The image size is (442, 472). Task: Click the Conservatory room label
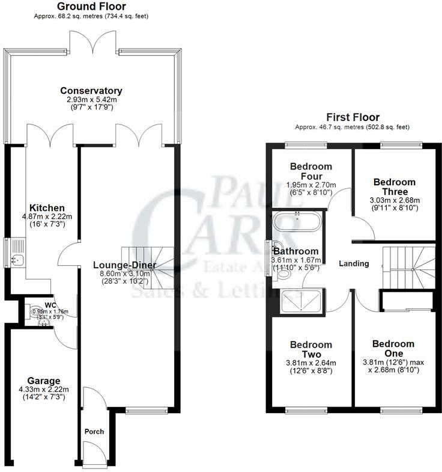[91, 91]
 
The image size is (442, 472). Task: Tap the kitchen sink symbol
[17, 260]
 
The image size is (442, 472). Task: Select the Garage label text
[43, 381]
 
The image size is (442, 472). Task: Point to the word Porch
[95, 431]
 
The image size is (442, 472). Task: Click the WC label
[50, 305]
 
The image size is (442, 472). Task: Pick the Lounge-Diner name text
[125, 265]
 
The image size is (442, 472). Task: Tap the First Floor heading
[353, 117]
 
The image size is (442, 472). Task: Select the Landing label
[354, 263]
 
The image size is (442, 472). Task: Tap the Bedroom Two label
[311, 349]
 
